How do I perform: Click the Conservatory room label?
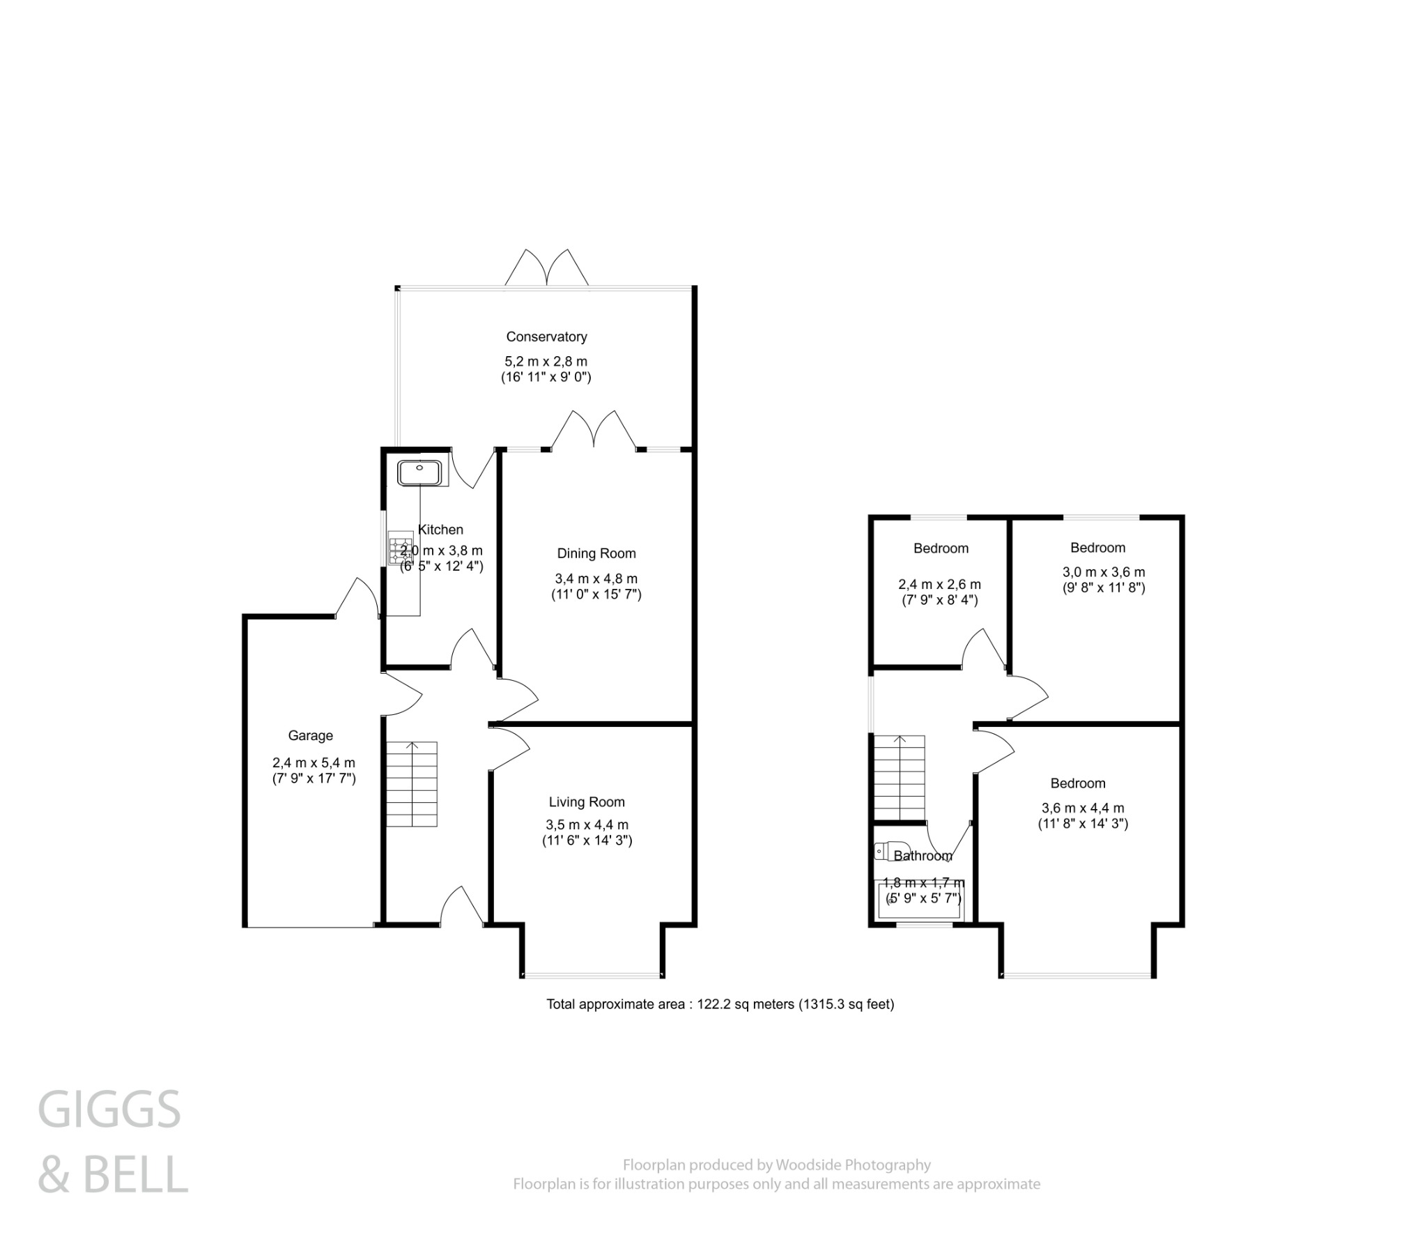[x=546, y=337]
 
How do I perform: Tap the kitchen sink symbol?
[x=419, y=473]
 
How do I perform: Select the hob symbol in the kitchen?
[x=401, y=550]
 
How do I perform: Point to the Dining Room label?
[x=596, y=554]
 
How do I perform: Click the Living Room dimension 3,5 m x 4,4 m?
[x=587, y=825]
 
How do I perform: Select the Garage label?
[x=310, y=735]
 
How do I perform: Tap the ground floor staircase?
[x=412, y=785]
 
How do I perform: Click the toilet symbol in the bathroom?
[x=882, y=852]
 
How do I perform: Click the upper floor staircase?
[x=900, y=777]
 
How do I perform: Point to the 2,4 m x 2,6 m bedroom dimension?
[x=939, y=585]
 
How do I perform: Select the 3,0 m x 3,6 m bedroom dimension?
[x=1104, y=572]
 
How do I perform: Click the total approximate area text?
[x=719, y=1005]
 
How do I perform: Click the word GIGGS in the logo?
[x=109, y=1109]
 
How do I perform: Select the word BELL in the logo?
[x=135, y=1175]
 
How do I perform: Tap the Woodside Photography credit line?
[x=776, y=1165]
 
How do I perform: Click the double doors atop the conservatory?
[x=547, y=268]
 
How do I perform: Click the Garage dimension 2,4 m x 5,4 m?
[x=314, y=762]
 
